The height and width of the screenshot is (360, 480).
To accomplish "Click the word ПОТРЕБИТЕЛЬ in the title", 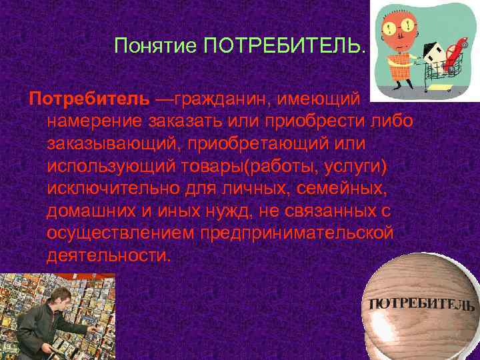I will coord(285,46).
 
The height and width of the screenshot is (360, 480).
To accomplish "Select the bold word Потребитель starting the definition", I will coord(89,99).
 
